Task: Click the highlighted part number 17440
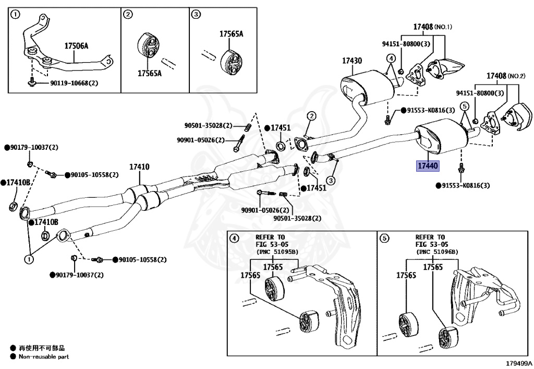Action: coord(428,166)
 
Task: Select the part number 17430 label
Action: coord(352,61)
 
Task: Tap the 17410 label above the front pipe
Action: coord(139,168)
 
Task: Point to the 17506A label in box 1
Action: coord(76,46)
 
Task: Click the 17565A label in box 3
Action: coord(231,34)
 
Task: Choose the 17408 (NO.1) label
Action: coord(433,27)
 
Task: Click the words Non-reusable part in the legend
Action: coord(44,357)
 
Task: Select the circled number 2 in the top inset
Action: coord(128,15)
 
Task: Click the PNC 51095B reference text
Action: coord(276,252)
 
